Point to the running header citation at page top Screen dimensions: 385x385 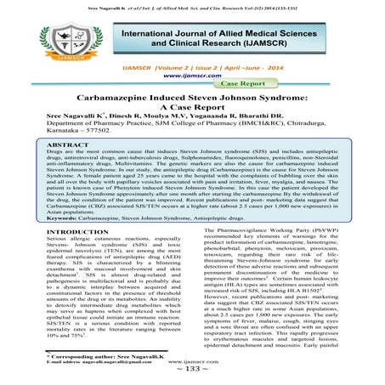point(192,5)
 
